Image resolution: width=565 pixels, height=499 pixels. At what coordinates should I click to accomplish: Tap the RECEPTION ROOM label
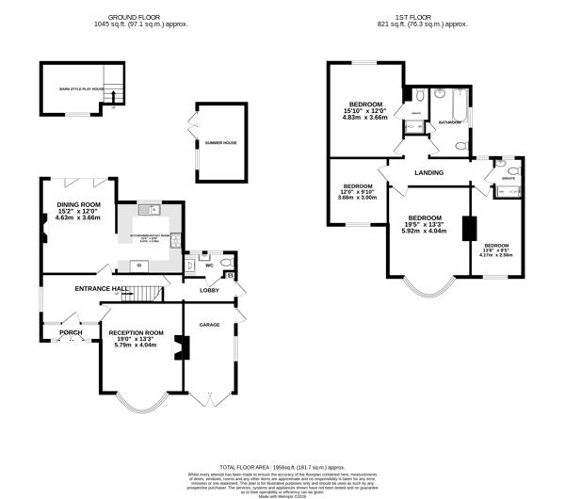136,332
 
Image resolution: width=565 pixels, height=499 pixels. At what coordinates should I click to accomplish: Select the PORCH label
71,332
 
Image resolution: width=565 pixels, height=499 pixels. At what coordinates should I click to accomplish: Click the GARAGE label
208,324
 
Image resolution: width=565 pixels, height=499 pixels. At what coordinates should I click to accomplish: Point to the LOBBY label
209,291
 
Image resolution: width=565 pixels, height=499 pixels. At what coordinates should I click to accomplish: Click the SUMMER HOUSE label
220,143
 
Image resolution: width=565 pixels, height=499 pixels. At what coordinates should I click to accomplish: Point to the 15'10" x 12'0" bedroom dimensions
365,113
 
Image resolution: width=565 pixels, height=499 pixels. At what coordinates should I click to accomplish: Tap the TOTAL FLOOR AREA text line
282,466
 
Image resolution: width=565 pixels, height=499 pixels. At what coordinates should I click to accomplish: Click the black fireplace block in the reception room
185,348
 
